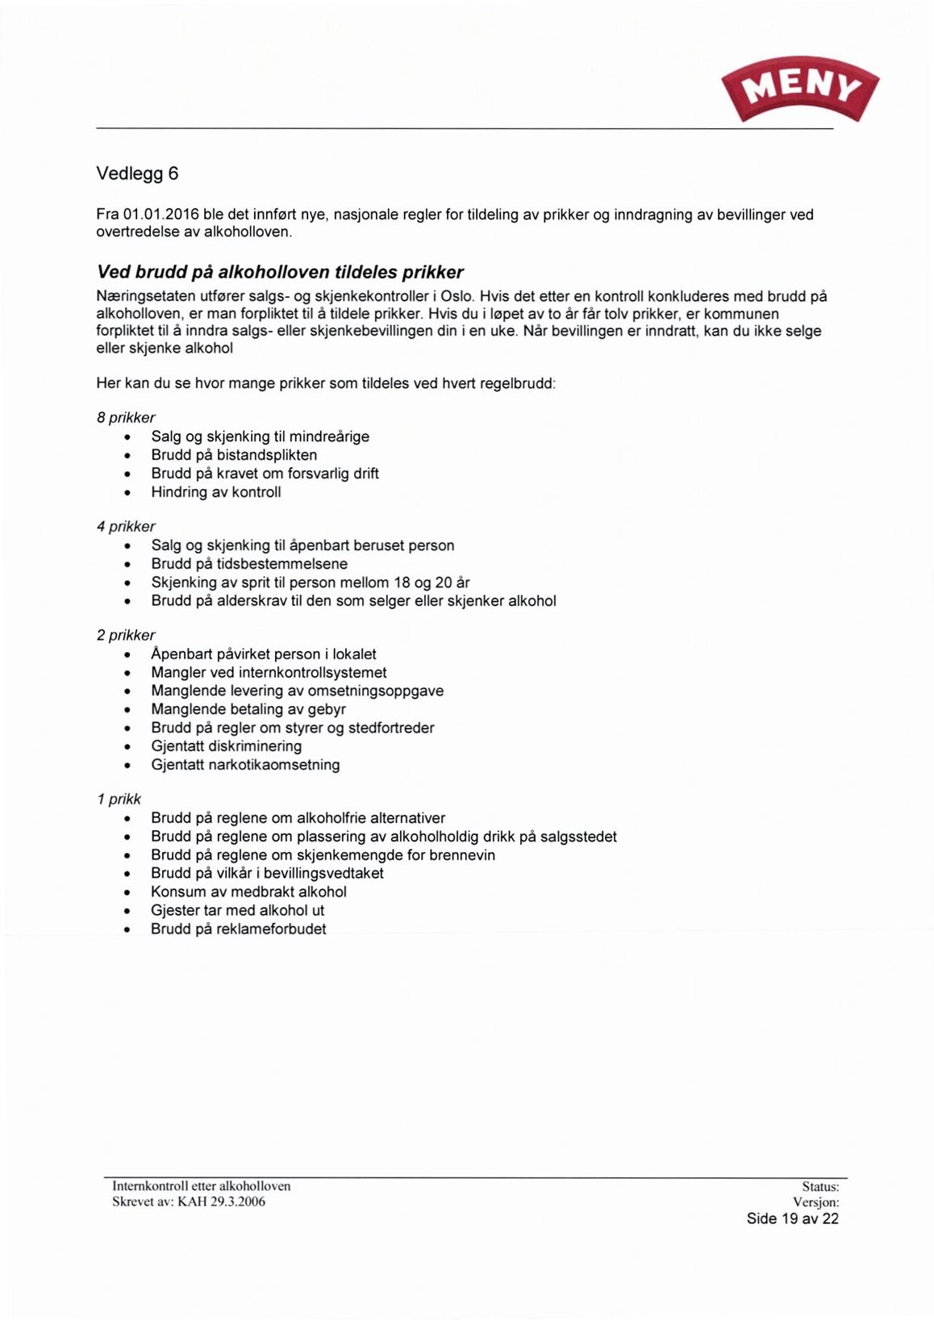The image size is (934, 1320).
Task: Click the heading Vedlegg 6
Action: [137, 173]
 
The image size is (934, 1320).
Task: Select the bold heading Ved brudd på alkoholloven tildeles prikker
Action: [280, 271]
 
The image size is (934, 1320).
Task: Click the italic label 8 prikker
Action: [126, 418]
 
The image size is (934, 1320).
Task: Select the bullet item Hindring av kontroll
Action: [216, 492]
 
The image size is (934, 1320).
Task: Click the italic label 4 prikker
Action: [126, 527]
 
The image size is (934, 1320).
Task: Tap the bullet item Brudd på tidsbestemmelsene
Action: [249, 564]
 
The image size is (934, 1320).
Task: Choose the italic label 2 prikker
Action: [126, 636]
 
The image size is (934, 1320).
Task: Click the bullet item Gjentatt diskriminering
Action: [227, 746]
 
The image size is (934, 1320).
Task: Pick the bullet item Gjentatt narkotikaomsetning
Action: [245, 765]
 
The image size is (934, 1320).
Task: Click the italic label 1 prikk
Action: [119, 800]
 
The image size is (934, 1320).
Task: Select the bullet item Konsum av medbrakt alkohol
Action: [248, 892]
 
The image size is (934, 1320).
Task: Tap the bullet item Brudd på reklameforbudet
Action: [239, 929]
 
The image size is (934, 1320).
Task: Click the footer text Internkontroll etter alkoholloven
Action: [201, 1186]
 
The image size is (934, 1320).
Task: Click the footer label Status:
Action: [820, 1187]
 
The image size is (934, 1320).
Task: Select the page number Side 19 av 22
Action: [792, 1218]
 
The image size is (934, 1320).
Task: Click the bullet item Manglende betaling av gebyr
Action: [248, 710]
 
